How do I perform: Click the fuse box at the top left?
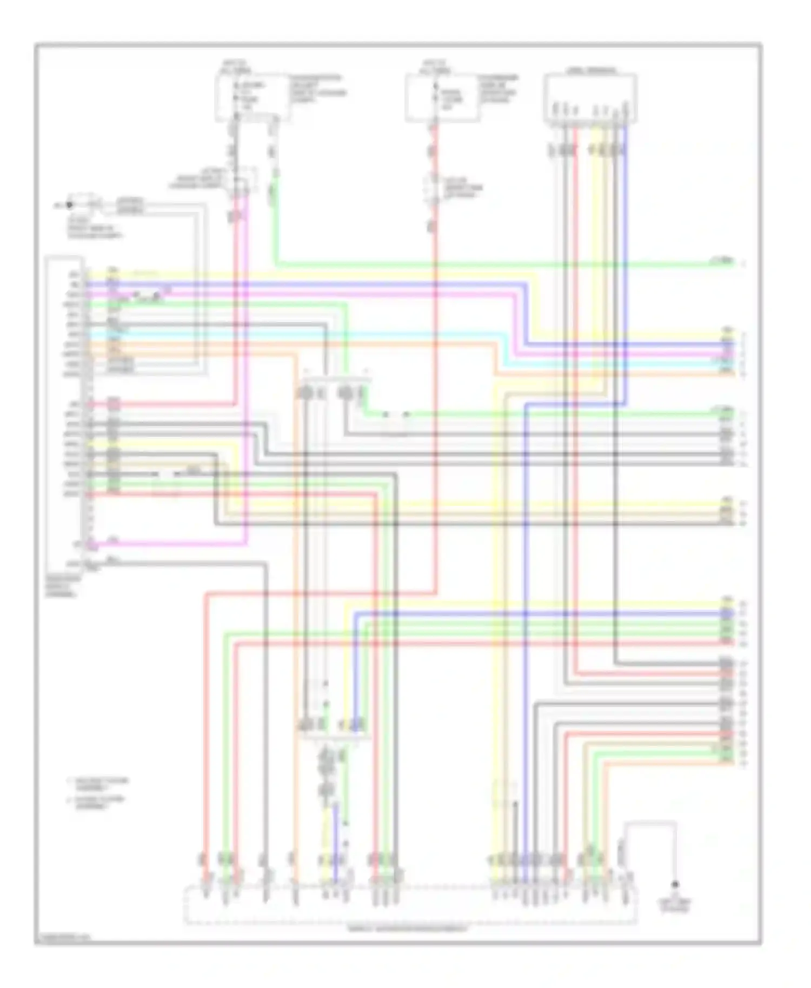click(x=252, y=98)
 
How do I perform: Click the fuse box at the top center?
click(x=442, y=98)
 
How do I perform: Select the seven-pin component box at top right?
click(x=590, y=98)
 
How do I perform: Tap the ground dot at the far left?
click(x=69, y=205)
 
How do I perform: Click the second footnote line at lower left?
click(x=97, y=802)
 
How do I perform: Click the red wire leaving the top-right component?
click(x=575, y=216)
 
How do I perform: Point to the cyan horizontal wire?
click(x=378, y=335)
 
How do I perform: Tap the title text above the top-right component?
click(x=591, y=70)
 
